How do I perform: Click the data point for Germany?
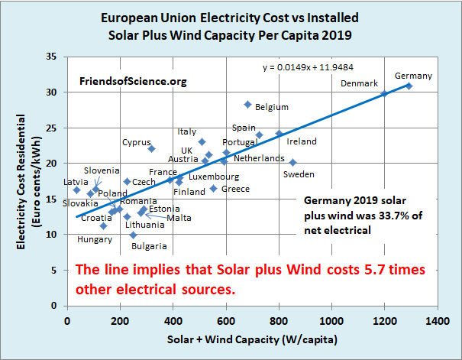409,86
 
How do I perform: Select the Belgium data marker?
247,104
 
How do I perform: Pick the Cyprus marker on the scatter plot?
151,148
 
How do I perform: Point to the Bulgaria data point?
133,235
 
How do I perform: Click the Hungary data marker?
103,225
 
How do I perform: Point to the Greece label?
235,188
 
